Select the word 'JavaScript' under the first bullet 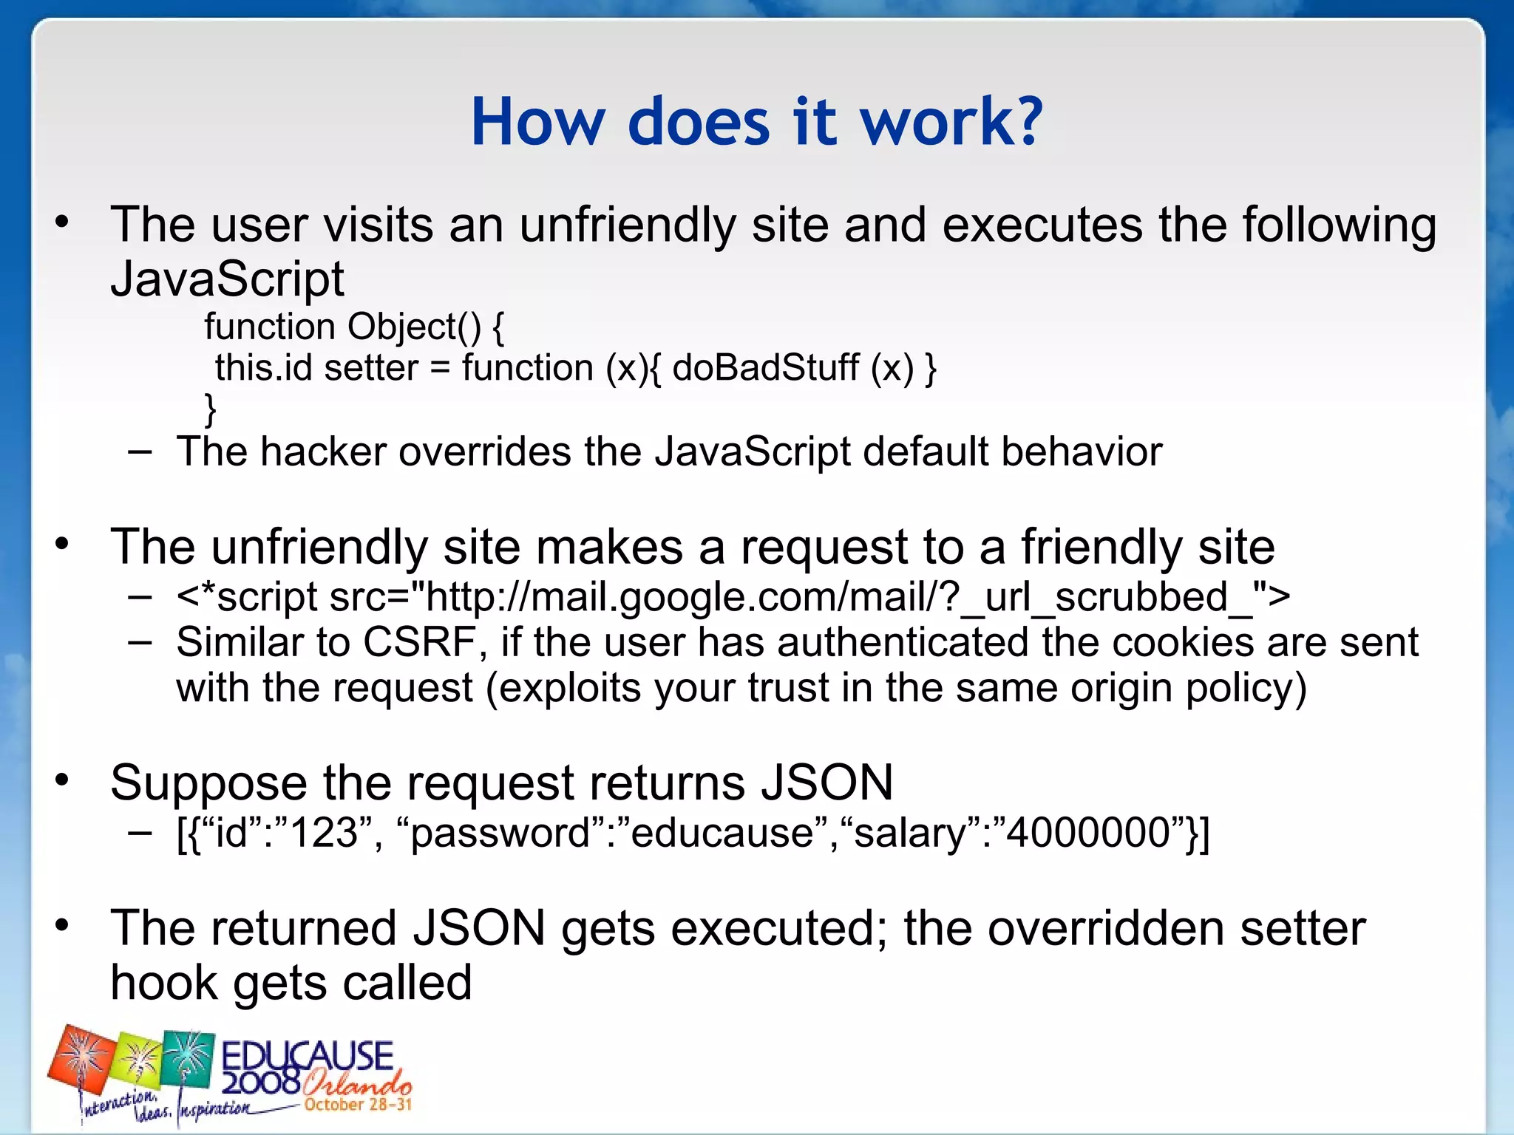click(x=227, y=279)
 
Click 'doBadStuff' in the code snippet click(x=766, y=367)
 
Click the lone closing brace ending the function click(x=211, y=408)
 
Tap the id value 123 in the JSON click(x=325, y=833)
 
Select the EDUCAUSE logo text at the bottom click(x=307, y=1057)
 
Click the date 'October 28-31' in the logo click(x=358, y=1105)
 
